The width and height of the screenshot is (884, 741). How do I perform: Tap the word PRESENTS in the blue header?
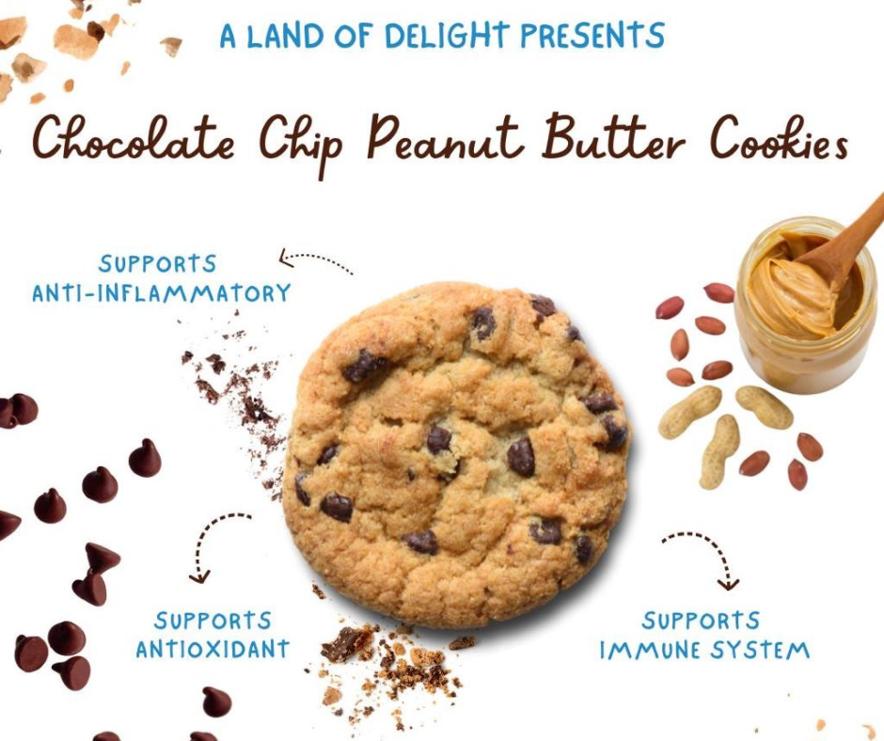click(592, 35)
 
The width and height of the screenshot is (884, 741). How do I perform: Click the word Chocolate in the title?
click(134, 139)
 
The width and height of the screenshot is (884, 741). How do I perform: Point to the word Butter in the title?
click(613, 137)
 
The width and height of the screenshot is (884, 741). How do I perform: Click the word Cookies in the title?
click(778, 139)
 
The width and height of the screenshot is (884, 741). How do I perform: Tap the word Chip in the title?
click(301, 145)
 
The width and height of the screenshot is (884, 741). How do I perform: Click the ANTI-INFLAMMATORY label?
click(161, 293)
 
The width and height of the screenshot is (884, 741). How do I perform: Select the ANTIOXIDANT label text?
click(213, 649)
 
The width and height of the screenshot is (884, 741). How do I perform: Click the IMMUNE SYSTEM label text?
click(704, 650)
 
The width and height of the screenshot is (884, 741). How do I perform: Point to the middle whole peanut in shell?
click(719, 451)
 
